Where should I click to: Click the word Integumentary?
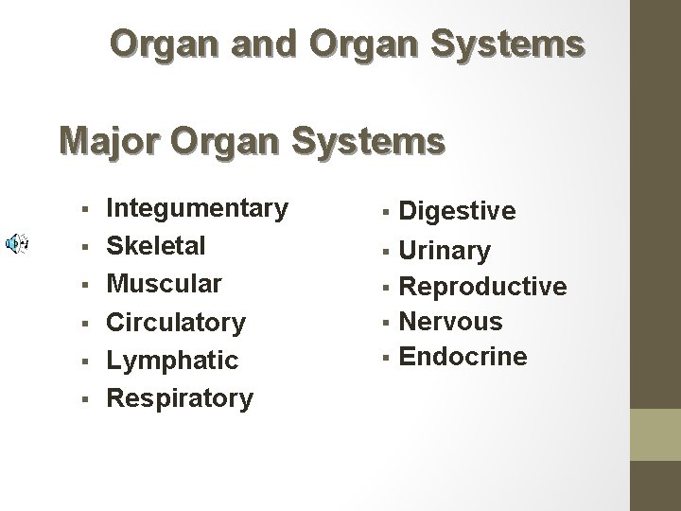coord(197,208)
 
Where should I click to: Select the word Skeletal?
coord(155,246)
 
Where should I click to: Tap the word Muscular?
coord(164,284)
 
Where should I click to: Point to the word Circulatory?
coord(175,322)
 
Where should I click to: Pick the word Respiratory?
coord(179,398)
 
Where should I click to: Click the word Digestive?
coord(458,210)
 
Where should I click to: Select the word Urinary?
coord(445,251)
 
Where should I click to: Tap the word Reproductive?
coord(483,286)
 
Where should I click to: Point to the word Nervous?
coord(451,322)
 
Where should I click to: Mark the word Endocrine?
coord(463,357)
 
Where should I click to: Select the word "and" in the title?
coord(222,43)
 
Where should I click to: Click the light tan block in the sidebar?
coord(656,434)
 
